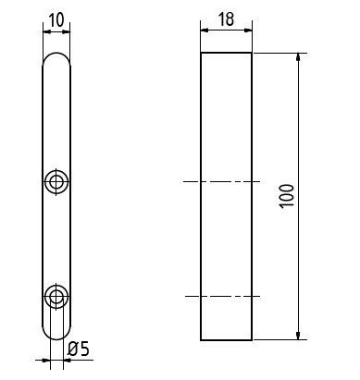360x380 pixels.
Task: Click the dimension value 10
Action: (x=56, y=20)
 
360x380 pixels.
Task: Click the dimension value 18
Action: (x=226, y=19)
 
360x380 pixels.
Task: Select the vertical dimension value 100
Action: (x=287, y=196)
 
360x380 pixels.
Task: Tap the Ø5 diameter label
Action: (x=78, y=349)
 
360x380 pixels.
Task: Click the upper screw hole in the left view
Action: (x=56, y=181)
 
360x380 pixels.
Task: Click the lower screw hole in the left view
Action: (x=56, y=296)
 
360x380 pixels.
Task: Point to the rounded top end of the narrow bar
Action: (x=56, y=53)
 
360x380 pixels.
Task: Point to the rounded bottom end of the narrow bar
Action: (x=56, y=339)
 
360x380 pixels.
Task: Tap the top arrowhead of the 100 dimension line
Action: (x=298, y=57)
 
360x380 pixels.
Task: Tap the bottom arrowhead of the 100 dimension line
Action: (x=298, y=336)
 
